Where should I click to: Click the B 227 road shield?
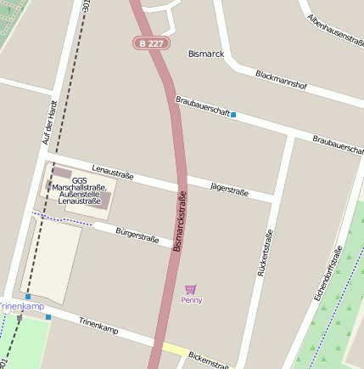[x=152, y=43]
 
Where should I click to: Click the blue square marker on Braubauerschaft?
[x=233, y=115]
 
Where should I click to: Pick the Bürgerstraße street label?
[x=137, y=235]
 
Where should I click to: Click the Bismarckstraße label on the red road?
[x=180, y=221]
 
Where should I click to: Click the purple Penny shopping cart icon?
[x=190, y=289]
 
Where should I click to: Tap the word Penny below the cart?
[x=192, y=300]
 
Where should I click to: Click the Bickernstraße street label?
[x=210, y=360]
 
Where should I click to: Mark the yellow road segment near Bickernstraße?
[x=176, y=349]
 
